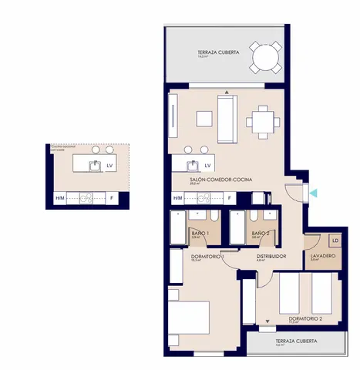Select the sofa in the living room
point(227,119)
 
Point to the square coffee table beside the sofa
point(204,119)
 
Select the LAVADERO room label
point(321,255)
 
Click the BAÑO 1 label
point(200,233)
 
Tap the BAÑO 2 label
point(261,233)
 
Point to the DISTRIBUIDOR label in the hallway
point(271,256)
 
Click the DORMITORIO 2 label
point(305,318)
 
